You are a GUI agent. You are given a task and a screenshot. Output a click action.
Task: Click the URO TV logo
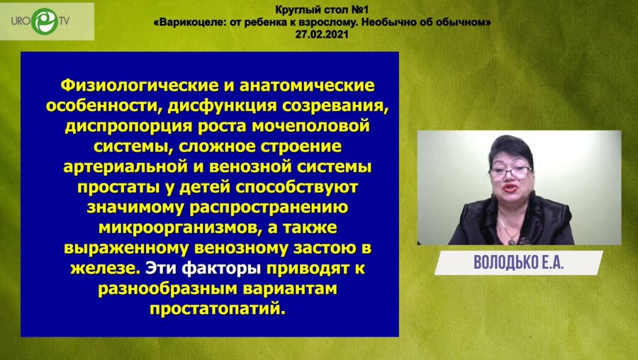point(45,21)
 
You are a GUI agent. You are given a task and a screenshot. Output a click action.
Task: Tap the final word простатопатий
point(216,310)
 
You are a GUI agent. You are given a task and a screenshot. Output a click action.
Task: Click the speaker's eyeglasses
point(508,171)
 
